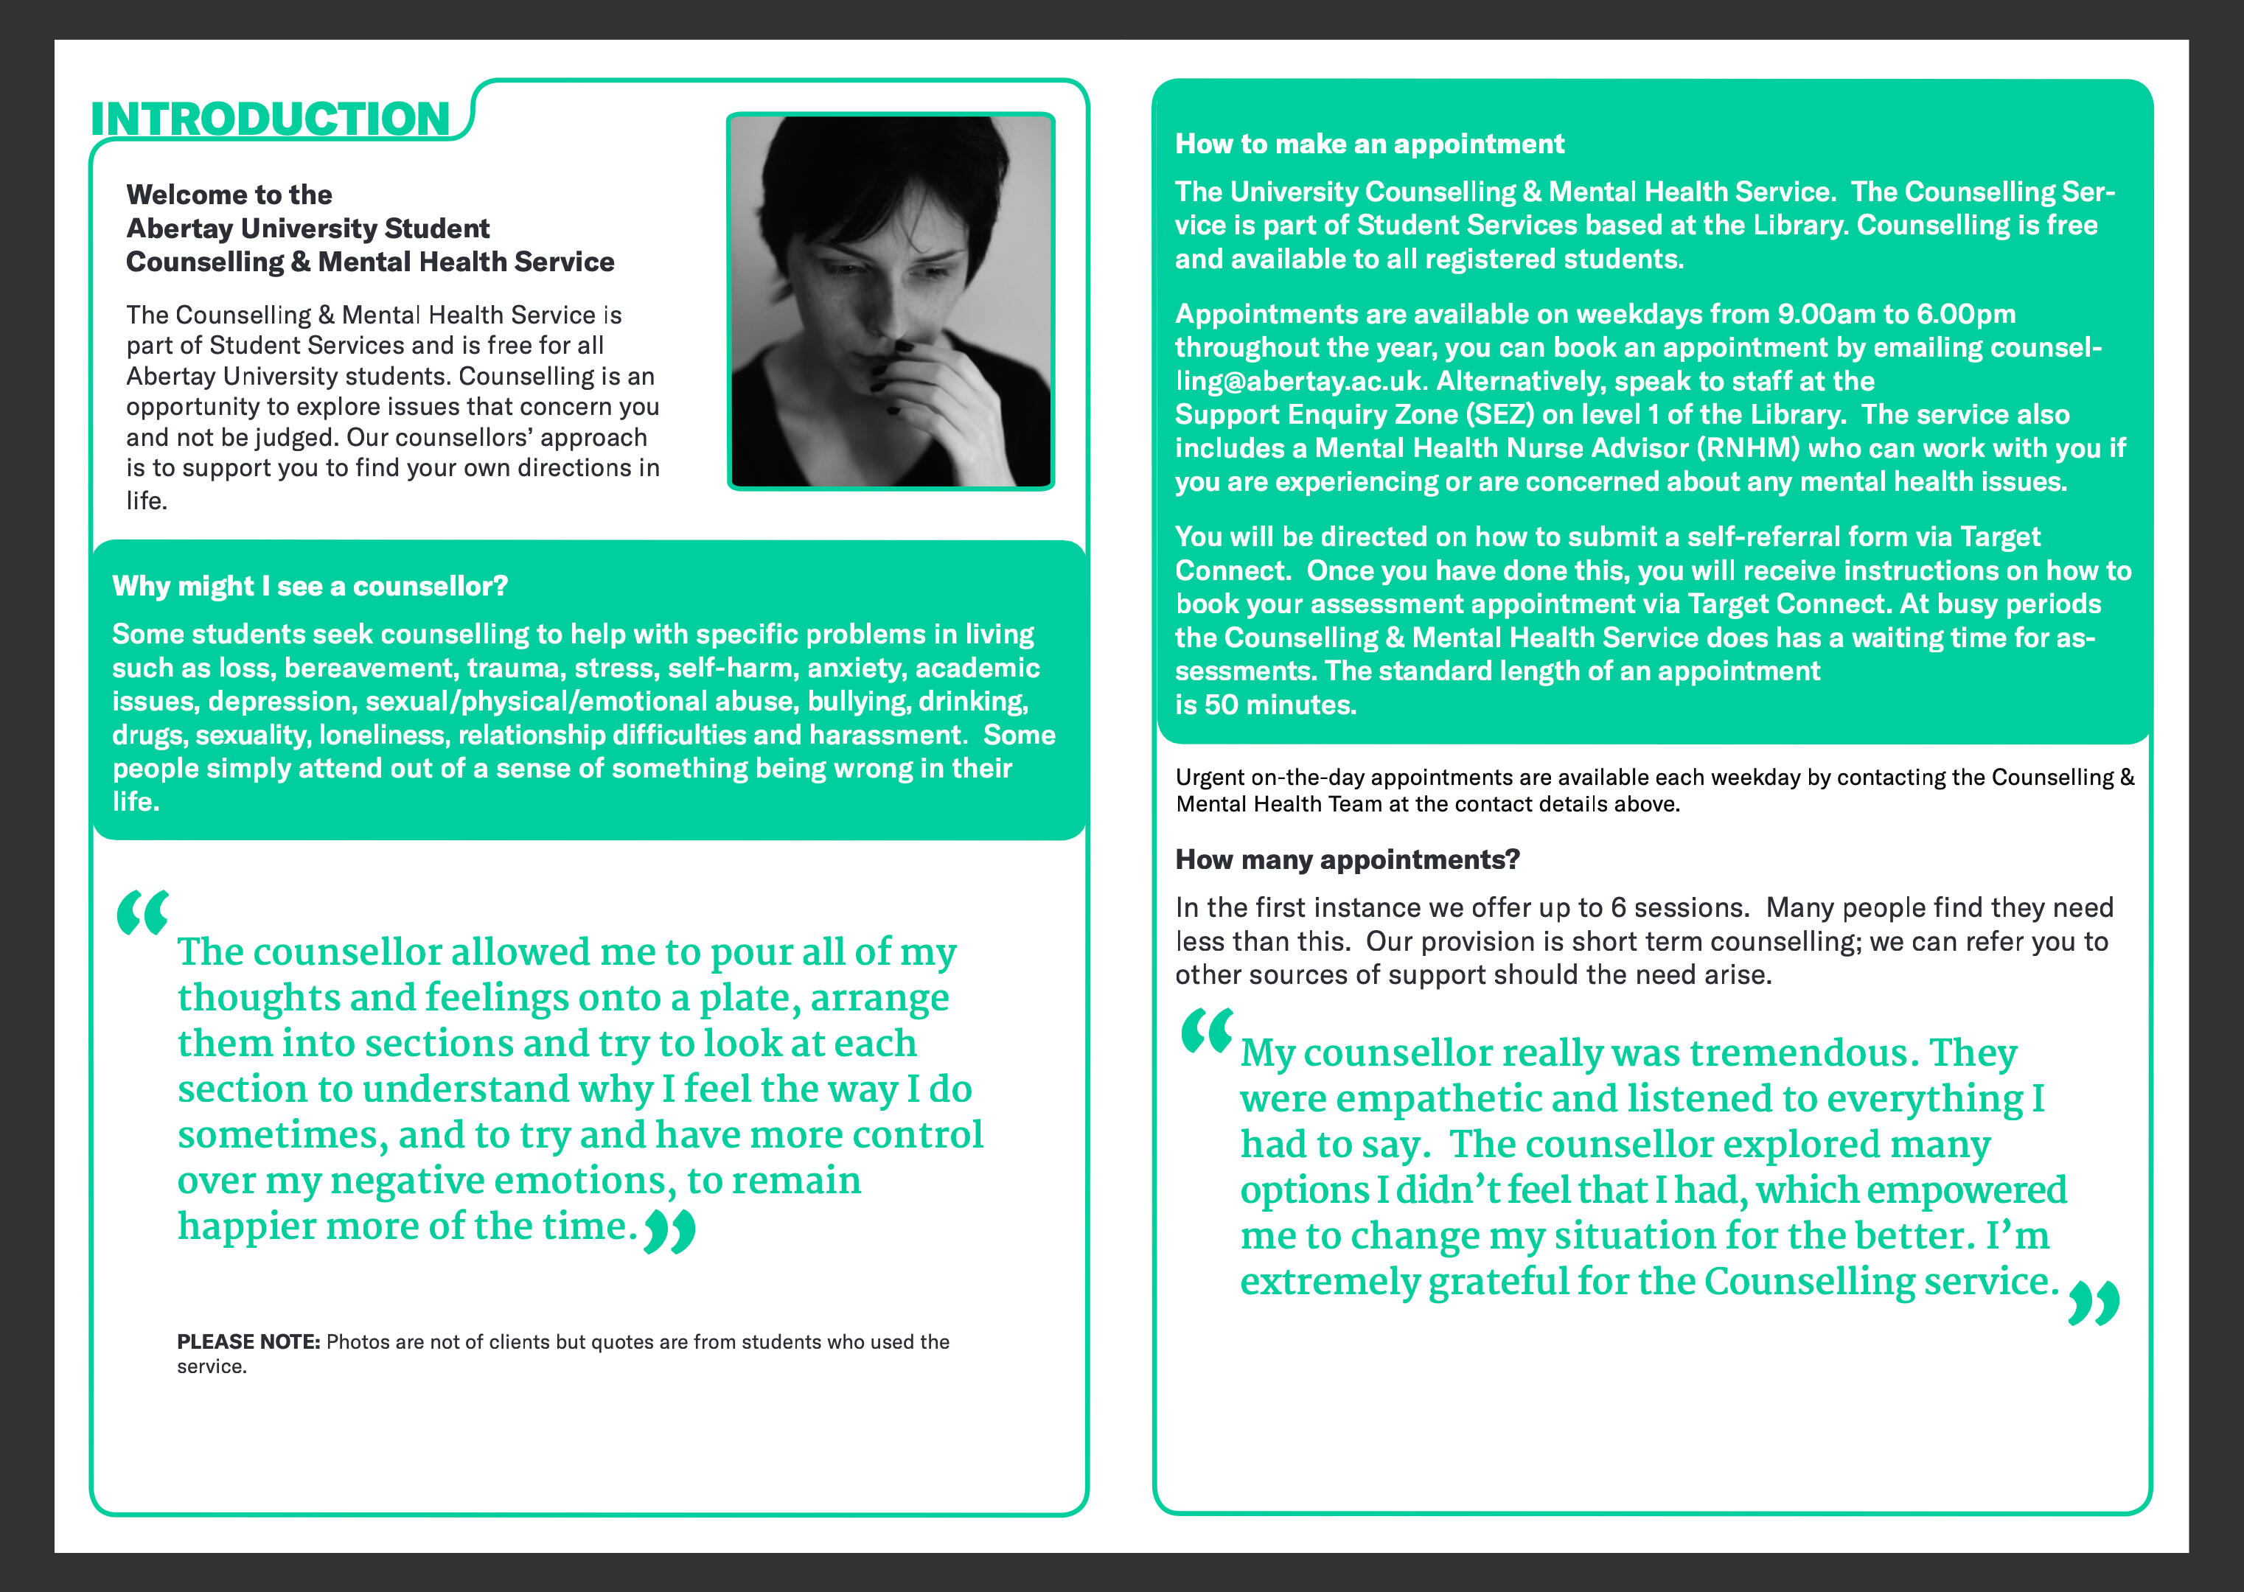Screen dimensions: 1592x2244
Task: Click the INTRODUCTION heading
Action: tap(270, 119)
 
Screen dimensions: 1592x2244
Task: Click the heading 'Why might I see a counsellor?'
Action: tap(310, 586)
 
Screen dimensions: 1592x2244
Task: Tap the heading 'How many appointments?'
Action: tap(1347, 859)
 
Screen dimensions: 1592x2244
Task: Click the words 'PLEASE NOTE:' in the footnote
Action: tap(248, 1341)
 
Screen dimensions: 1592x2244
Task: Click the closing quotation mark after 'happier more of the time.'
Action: tap(669, 1232)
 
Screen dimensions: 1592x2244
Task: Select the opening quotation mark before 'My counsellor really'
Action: tap(1206, 1030)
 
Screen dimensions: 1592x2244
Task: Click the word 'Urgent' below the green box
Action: tap(1210, 778)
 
